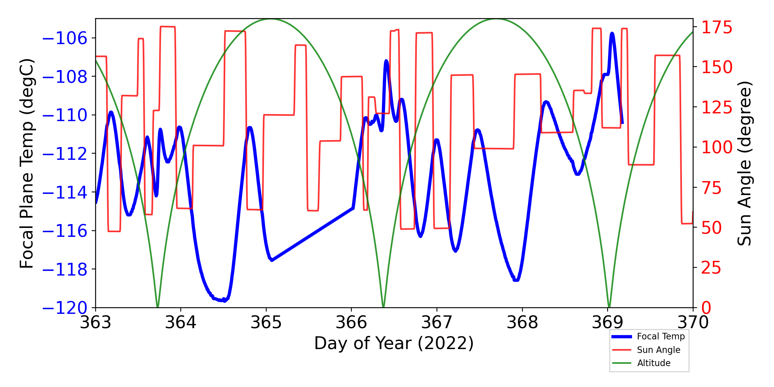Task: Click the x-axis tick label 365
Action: click(x=266, y=322)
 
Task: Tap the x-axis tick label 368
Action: click(x=522, y=322)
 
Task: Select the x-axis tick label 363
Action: click(x=96, y=322)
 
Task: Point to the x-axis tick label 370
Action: click(x=693, y=322)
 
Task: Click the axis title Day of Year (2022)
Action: click(x=394, y=343)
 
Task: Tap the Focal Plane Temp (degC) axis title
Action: click(x=27, y=163)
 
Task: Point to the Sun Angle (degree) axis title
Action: click(x=744, y=163)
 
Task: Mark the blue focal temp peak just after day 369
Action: click(x=612, y=34)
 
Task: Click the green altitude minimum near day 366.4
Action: click(x=383, y=307)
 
